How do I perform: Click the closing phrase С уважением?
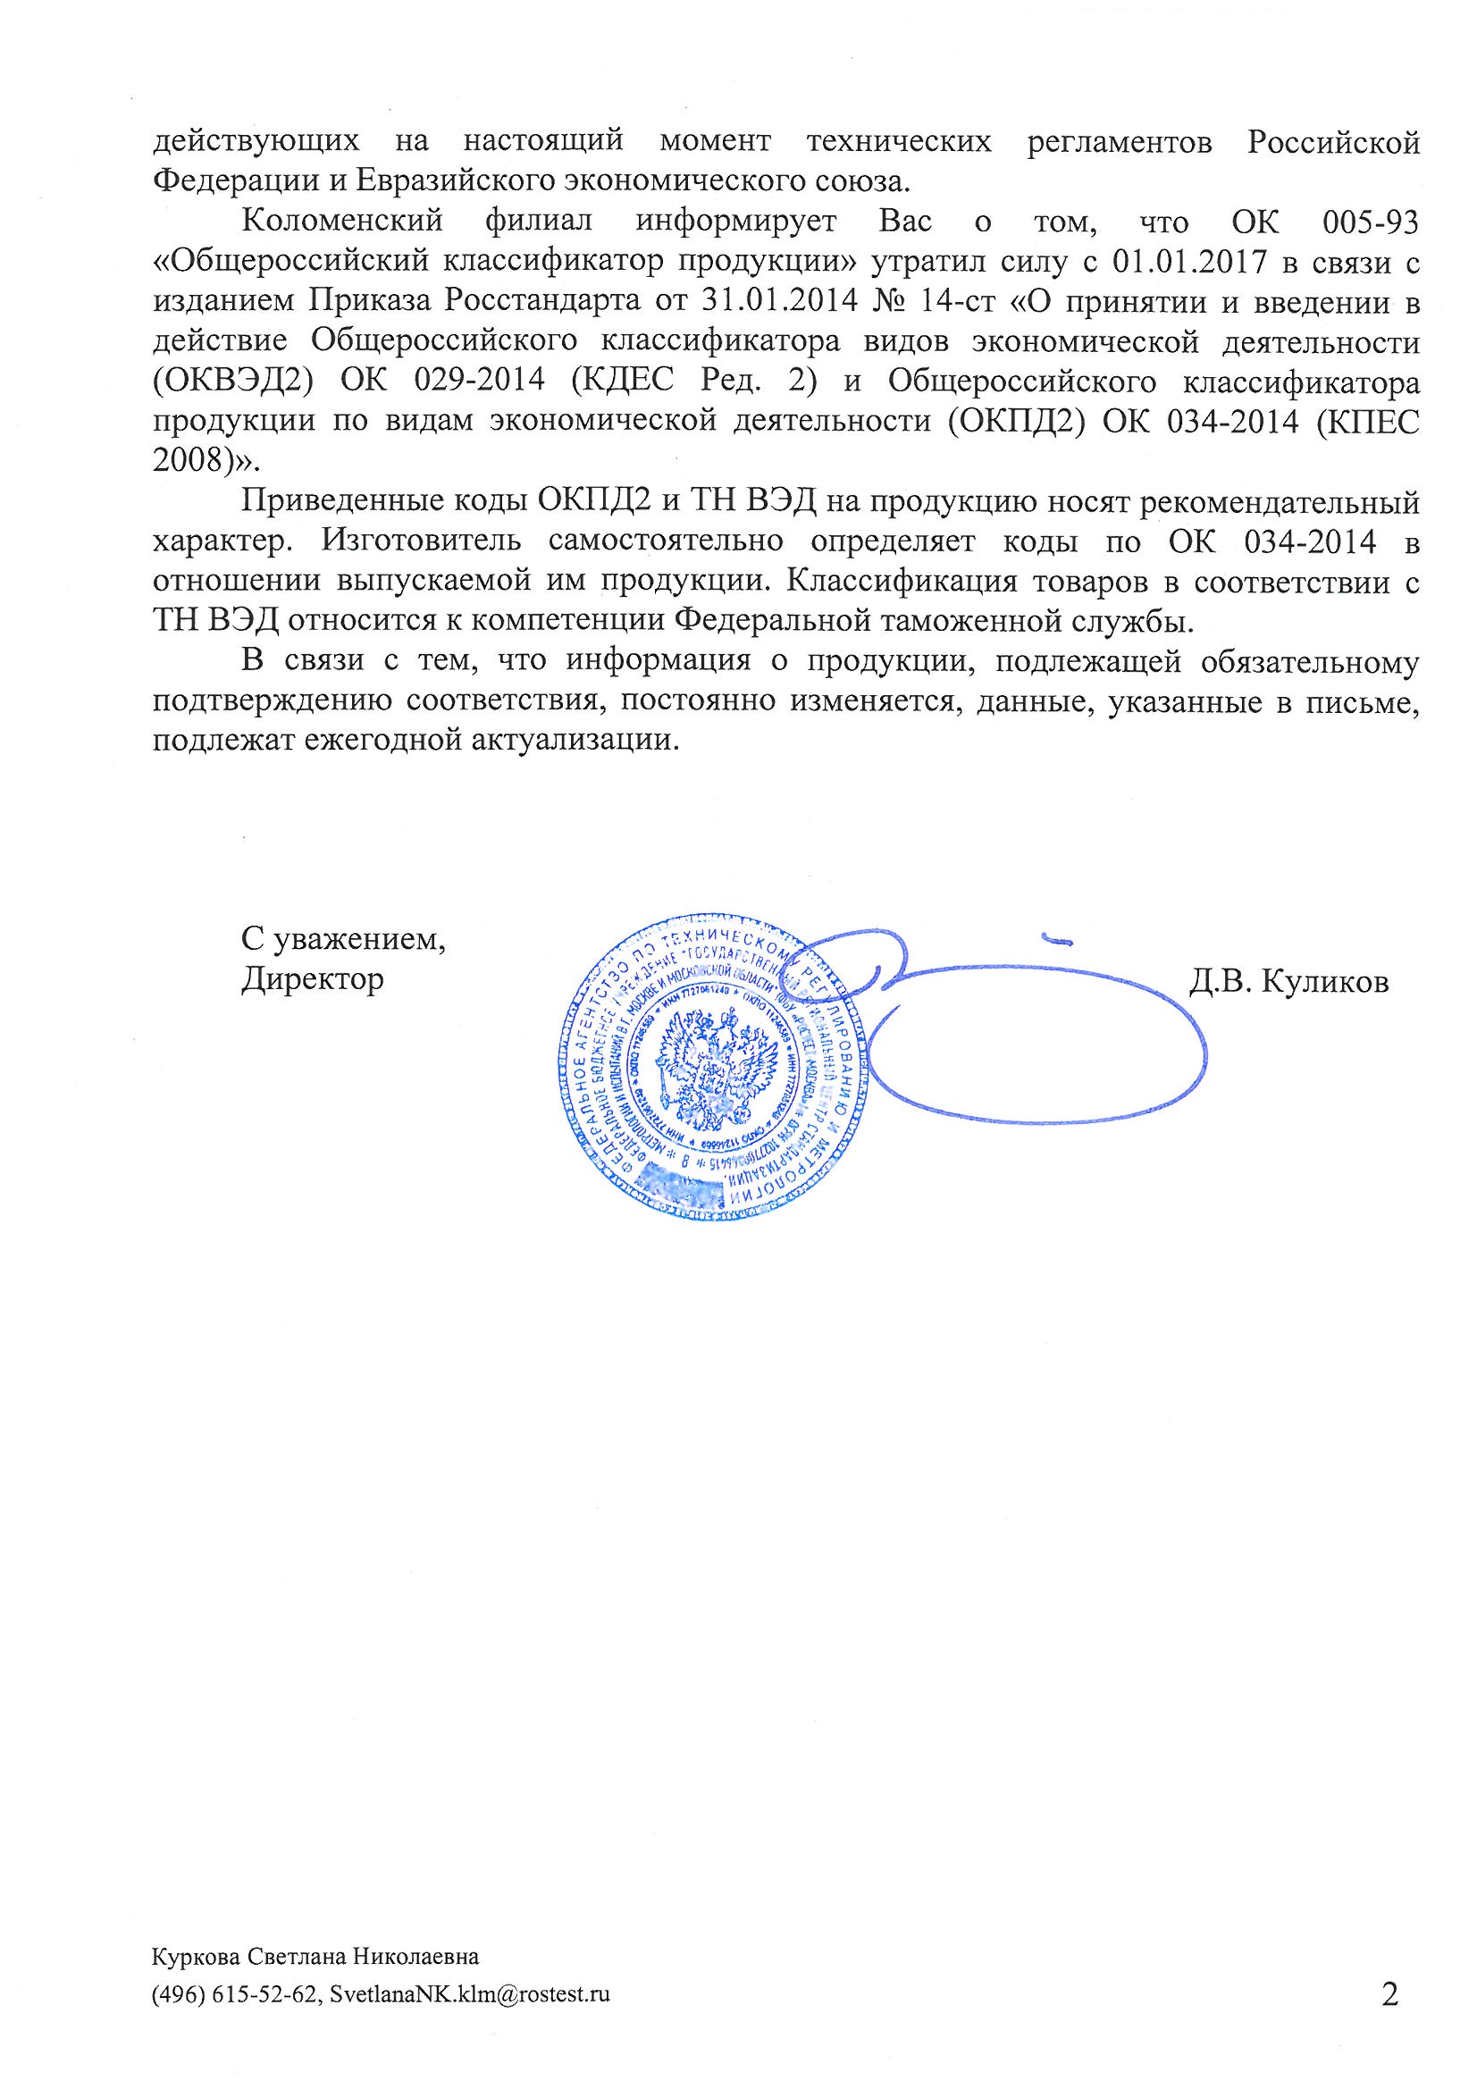343,939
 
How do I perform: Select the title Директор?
312,980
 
